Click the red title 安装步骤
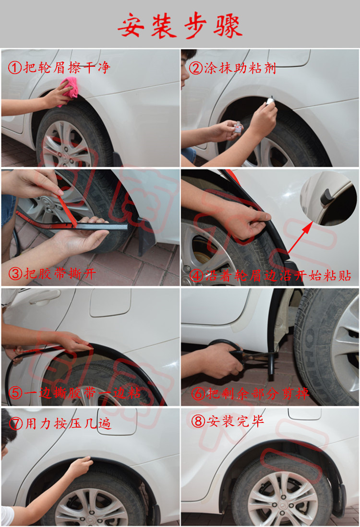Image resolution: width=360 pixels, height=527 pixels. [180, 25]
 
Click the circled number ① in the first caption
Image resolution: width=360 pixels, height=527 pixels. [15, 67]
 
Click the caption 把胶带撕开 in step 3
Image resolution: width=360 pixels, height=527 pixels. [60, 274]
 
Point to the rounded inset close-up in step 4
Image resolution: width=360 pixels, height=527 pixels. [328, 197]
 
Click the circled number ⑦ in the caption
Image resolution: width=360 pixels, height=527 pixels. [15, 424]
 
